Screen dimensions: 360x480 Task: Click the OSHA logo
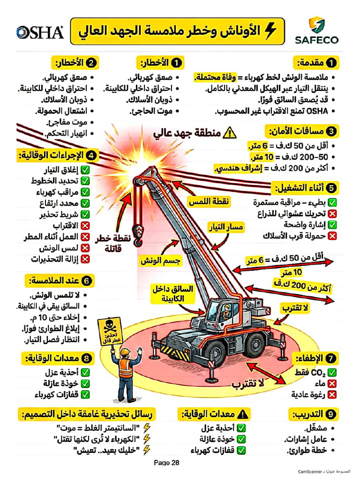point(40,32)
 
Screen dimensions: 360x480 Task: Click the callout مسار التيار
point(226,228)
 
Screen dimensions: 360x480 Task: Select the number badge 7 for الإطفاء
point(331,359)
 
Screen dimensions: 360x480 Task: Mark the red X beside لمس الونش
point(85,248)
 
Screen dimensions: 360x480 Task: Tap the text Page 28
point(167,463)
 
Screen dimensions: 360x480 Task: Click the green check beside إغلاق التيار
point(85,170)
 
